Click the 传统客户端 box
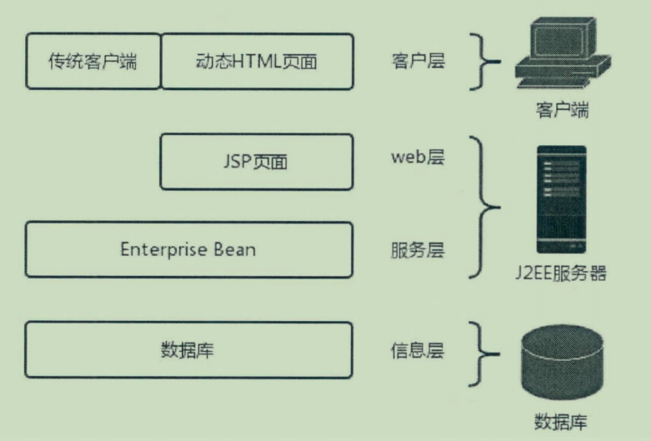93,62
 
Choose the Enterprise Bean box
188,249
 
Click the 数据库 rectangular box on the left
188,349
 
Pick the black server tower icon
561,200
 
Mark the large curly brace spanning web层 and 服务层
485,206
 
